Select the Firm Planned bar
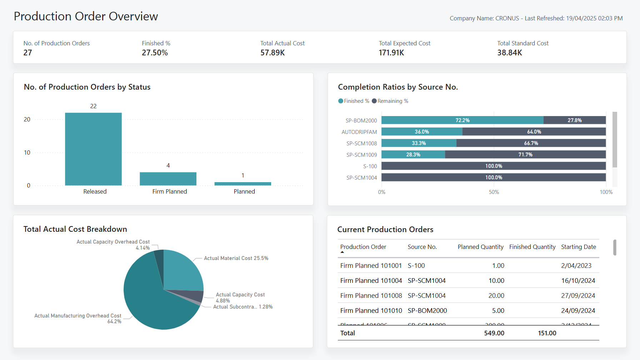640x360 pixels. (x=168, y=179)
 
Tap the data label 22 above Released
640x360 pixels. (x=93, y=106)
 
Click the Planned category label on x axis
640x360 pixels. (x=244, y=191)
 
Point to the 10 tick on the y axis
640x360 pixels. (x=27, y=152)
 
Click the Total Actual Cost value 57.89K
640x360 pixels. (x=272, y=53)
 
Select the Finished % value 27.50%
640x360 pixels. (x=155, y=53)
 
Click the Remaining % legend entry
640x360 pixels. (x=390, y=101)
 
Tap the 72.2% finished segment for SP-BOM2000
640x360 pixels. (x=462, y=120)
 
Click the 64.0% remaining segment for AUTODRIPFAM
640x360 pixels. (x=534, y=132)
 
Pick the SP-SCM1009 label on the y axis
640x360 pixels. (x=361, y=155)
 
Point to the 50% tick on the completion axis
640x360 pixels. (x=494, y=192)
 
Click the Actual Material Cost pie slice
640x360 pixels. (x=182, y=271)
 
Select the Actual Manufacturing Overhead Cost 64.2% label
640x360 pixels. (x=78, y=318)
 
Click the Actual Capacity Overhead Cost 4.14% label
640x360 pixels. (x=113, y=245)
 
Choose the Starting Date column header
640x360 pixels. (x=578, y=247)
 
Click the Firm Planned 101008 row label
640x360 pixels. (x=371, y=296)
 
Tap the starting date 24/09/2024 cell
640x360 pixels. (x=578, y=311)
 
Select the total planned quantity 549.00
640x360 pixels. (x=494, y=333)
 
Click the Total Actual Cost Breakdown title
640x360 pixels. (x=75, y=229)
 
